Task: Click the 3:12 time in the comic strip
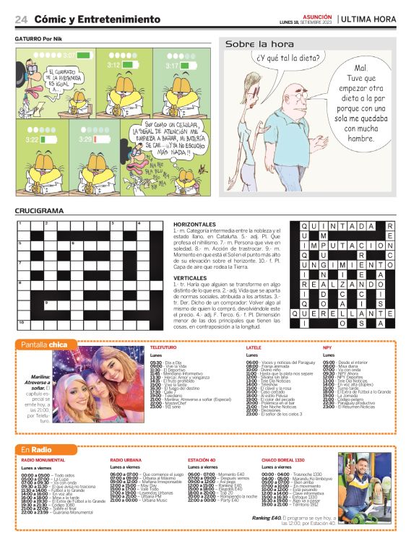pyautogui.click(x=114, y=65)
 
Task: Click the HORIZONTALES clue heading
pyautogui.click(x=196, y=225)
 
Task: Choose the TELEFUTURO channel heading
pyautogui.click(x=163, y=347)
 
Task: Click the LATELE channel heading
pyautogui.click(x=254, y=347)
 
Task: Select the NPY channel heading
pyautogui.click(x=327, y=347)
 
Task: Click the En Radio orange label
pyautogui.click(x=36, y=449)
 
